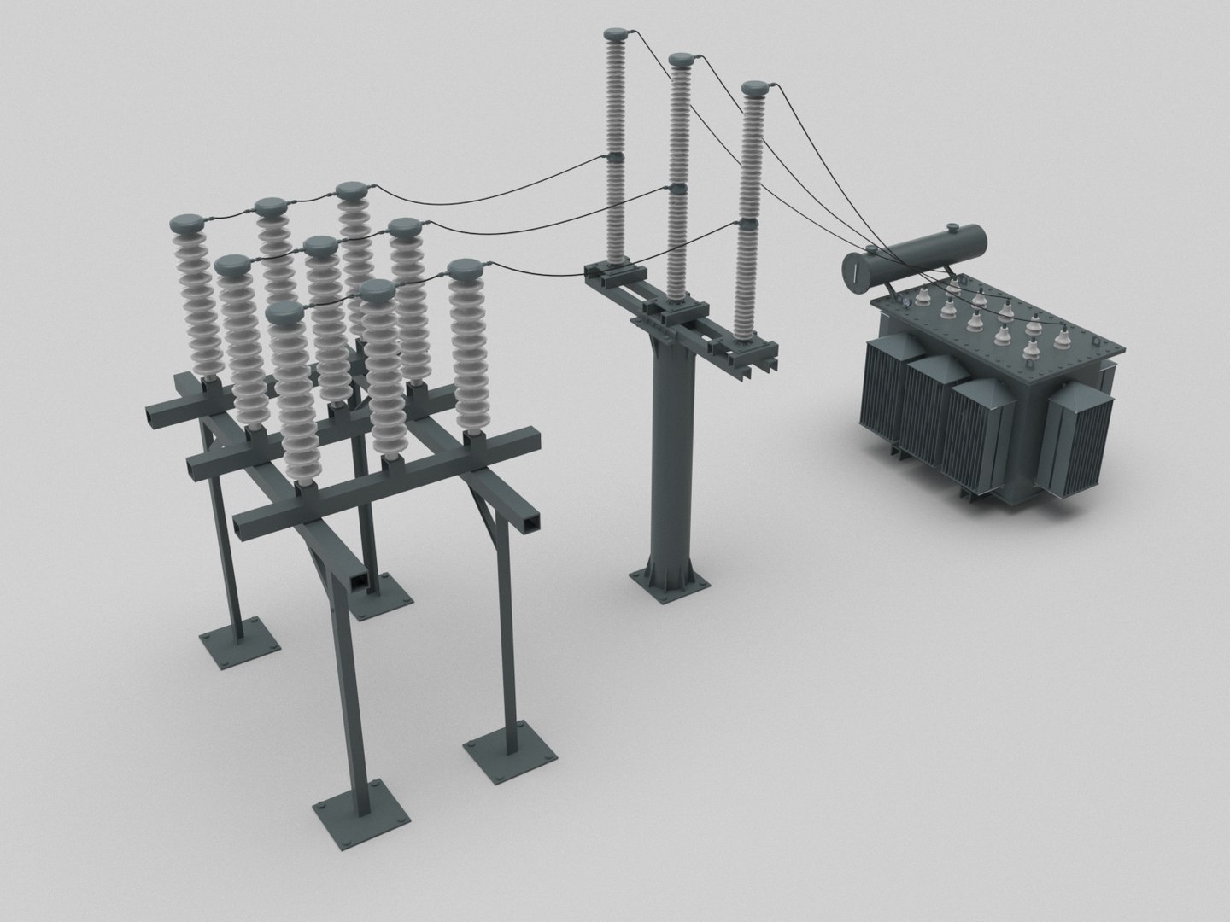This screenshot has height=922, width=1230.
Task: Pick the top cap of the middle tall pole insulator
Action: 681,60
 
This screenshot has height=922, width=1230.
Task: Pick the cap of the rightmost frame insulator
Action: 466,271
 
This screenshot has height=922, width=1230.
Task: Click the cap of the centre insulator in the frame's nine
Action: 321,249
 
